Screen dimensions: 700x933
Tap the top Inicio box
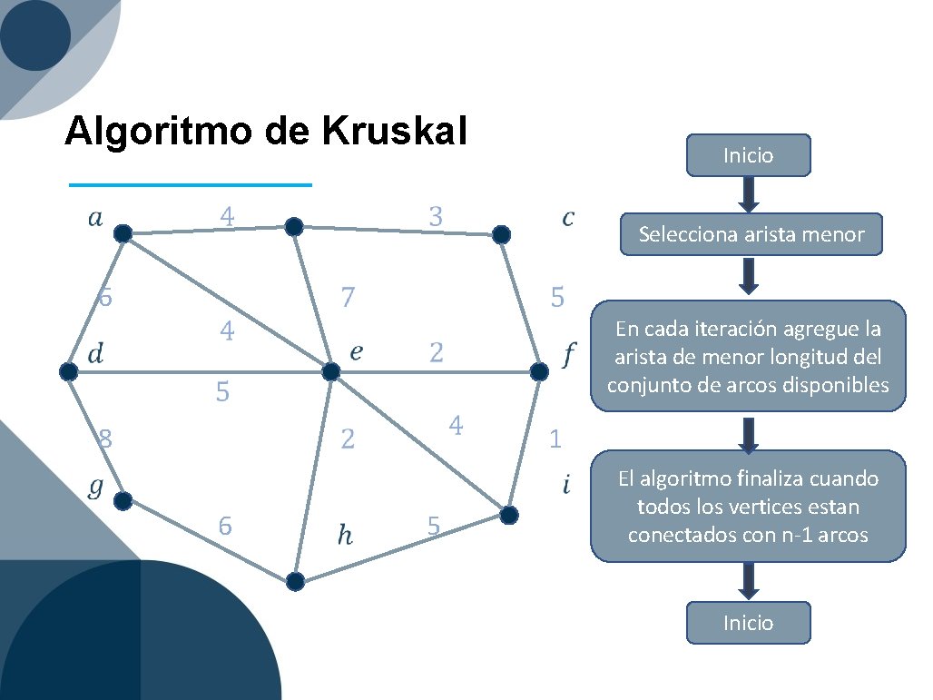point(748,155)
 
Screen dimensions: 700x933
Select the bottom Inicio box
point(748,623)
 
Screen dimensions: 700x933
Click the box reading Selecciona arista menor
point(751,235)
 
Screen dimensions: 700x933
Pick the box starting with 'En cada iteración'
point(748,357)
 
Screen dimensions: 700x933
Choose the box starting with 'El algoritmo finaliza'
point(748,506)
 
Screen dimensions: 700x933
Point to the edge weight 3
point(436,217)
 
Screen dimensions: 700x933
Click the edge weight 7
point(347,297)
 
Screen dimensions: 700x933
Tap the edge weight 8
point(105,439)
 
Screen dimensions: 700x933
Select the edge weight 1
point(555,440)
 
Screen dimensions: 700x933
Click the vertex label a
point(94,217)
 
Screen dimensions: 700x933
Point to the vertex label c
point(568,218)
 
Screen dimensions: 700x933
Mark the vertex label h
point(345,537)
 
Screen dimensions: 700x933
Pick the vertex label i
point(566,486)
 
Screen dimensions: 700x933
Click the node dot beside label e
point(330,372)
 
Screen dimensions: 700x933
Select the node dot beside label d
point(68,371)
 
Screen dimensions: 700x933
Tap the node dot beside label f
point(539,372)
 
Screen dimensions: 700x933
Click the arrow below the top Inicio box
point(748,192)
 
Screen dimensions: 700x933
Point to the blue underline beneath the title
point(191,185)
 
